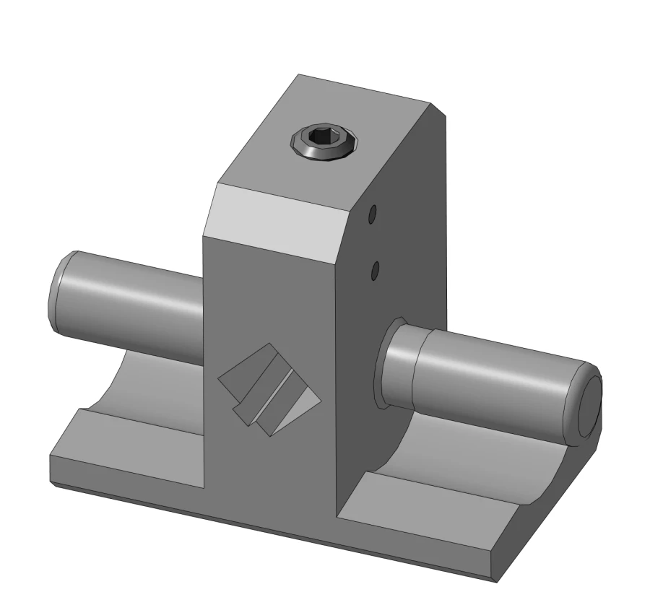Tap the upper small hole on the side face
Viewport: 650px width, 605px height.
[373, 214]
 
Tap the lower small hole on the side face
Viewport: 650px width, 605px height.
[375, 271]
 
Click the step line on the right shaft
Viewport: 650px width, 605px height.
[417, 368]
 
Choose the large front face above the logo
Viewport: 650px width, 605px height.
[267, 303]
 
